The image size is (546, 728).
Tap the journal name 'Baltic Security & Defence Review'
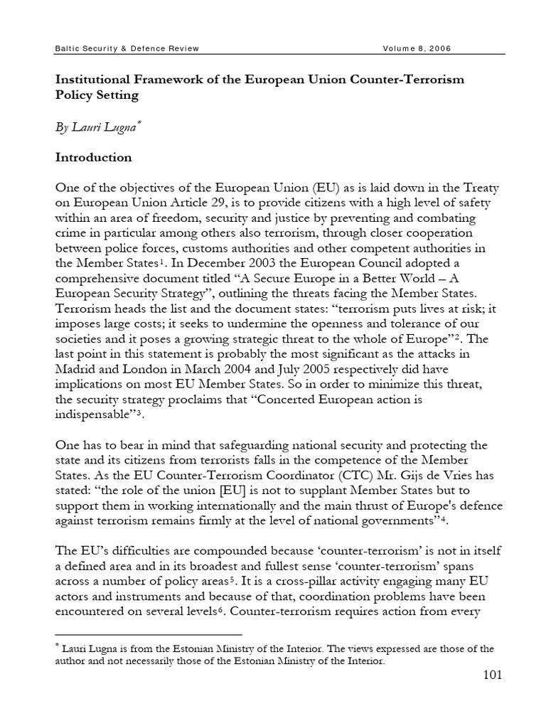coord(127,48)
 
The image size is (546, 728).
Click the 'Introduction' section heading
coord(94,157)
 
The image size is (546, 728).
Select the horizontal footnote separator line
coord(149,633)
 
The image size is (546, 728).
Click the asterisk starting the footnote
coord(58,646)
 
